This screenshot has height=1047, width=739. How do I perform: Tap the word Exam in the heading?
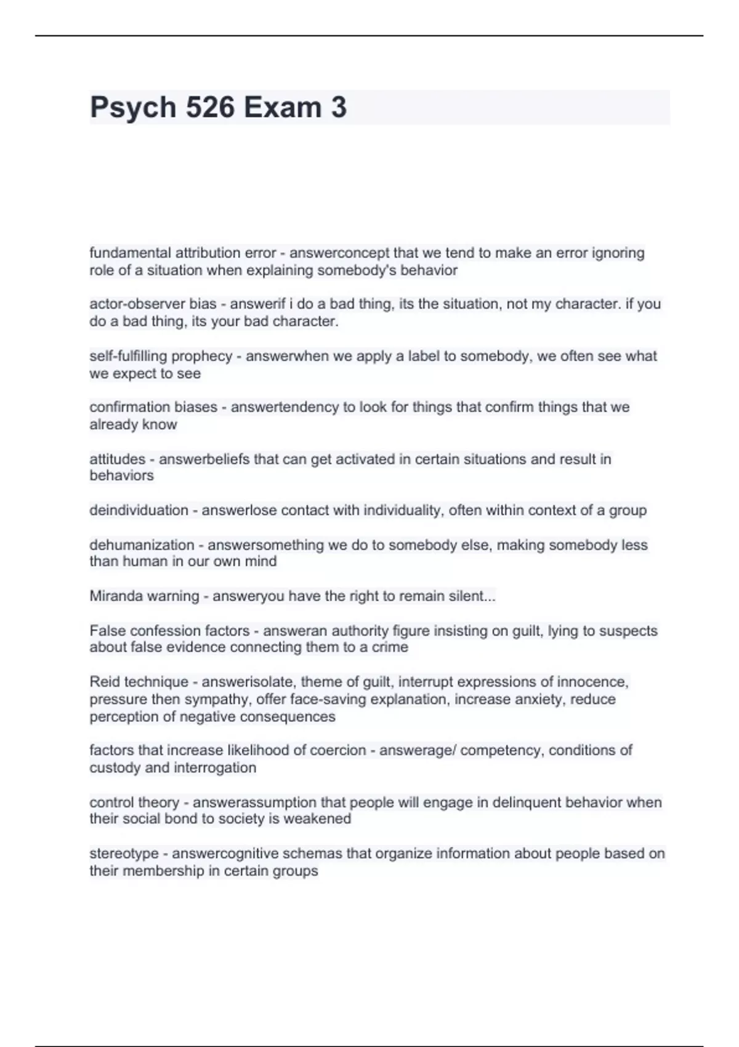(x=282, y=107)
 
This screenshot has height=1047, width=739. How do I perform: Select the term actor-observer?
(x=137, y=304)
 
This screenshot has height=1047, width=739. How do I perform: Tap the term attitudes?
(x=117, y=459)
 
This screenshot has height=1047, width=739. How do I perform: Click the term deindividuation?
(x=139, y=510)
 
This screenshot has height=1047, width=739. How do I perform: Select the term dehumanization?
(x=142, y=545)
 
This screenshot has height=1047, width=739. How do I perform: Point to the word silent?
(x=474, y=596)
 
